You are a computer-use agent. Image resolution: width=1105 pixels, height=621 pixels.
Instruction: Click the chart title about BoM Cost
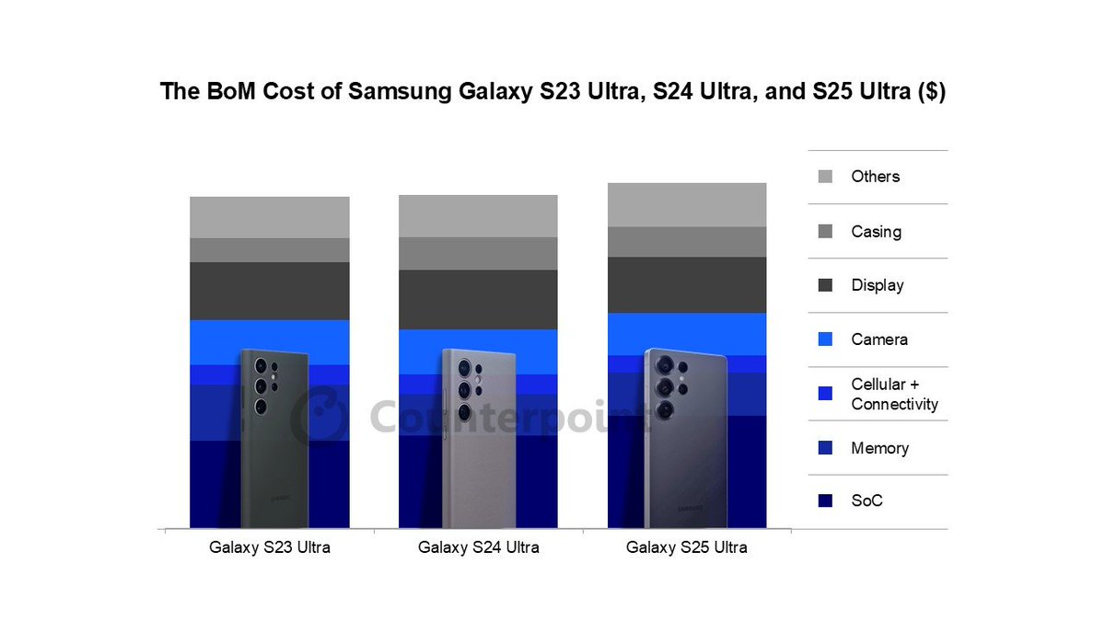(x=552, y=92)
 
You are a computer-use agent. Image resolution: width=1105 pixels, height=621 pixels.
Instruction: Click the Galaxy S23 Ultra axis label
(x=269, y=547)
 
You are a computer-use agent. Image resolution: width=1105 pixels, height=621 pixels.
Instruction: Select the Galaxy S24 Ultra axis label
(x=478, y=547)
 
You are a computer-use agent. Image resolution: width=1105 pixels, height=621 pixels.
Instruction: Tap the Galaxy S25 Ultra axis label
(x=686, y=547)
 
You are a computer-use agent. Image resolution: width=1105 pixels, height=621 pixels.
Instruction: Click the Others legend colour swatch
(x=825, y=177)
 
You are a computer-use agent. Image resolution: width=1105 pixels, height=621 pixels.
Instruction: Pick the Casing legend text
(x=876, y=232)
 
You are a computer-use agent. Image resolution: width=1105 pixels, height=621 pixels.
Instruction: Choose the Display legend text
(x=877, y=285)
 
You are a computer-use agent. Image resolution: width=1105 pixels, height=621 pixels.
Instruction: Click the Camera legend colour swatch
(x=825, y=339)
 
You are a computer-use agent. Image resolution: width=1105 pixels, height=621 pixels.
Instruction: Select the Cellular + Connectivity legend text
(x=894, y=394)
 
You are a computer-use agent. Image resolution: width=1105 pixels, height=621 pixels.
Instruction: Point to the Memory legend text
(x=879, y=448)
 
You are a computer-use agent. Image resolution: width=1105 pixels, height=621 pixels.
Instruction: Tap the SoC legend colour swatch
(x=825, y=501)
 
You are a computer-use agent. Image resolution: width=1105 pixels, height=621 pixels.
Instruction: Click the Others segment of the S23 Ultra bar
(x=269, y=217)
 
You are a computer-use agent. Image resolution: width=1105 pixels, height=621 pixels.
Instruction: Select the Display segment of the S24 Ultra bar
(x=478, y=299)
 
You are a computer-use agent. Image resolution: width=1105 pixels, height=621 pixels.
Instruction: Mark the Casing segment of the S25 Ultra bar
(x=686, y=241)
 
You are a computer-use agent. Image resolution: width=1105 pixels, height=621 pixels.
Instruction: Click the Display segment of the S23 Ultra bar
(x=269, y=291)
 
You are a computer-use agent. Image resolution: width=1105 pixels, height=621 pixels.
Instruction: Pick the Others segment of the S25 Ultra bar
(x=686, y=204)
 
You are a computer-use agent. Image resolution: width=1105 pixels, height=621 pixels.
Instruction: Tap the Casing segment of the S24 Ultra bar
(x=478, y=253)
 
